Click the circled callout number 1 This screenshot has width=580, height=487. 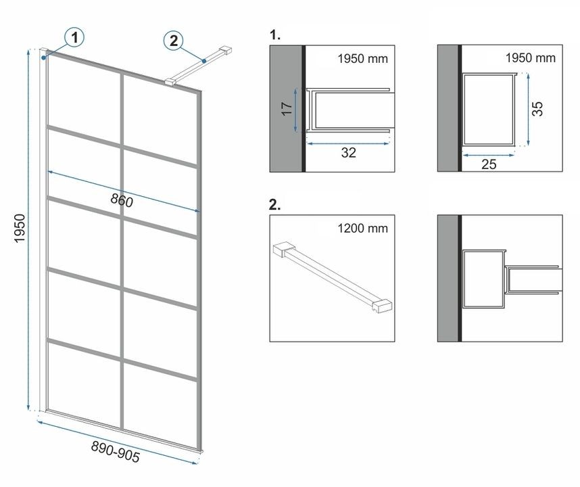coord(74,37)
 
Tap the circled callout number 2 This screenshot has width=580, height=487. coord(174,40)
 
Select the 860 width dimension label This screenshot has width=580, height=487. coord(122,201)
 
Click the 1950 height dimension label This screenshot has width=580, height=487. coord(19,229)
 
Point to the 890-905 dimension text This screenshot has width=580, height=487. coord(116,452)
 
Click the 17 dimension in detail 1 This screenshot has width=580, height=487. coord(287,108)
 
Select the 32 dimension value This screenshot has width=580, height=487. coord(348,152)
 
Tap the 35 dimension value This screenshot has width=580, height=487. coord(538,109)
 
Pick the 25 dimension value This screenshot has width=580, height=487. coord(489,164)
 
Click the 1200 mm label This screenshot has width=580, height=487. coord(362,229)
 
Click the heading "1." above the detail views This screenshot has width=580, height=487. coord(275,35)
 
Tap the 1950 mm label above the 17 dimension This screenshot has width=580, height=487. coord(362,59)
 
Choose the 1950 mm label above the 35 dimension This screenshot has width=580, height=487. coord(531,58)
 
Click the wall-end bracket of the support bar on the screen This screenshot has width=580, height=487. coord(225,50)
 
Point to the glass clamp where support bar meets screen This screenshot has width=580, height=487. coord(170,82)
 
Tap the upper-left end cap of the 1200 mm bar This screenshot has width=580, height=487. coord(283,249)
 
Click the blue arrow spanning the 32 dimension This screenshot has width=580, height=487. coord(347,143)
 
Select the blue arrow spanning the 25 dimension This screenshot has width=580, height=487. coord(489,155)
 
